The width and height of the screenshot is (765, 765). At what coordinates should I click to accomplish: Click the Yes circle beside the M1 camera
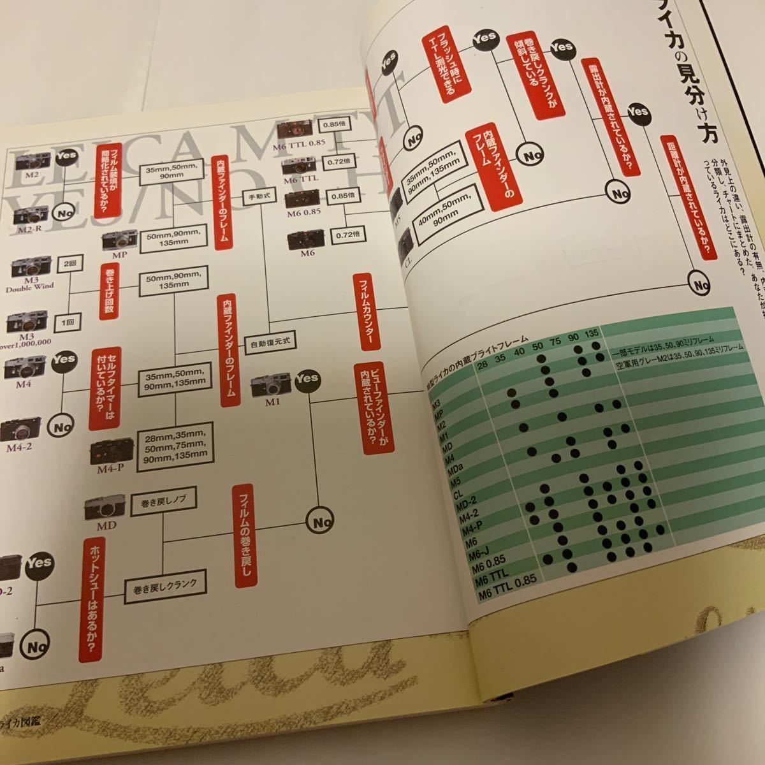307,378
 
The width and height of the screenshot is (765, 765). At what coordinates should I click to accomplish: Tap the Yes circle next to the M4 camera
64,360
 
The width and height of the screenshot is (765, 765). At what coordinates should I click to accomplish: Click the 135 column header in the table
591,335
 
